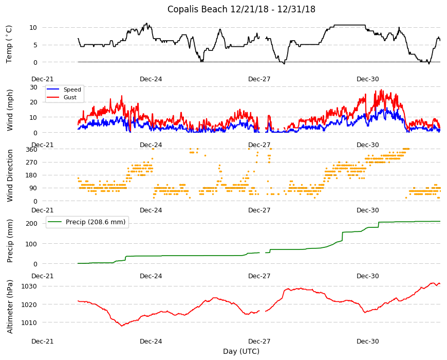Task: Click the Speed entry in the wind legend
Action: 72,89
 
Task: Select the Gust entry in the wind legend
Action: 70,97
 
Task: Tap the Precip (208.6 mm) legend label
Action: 96,222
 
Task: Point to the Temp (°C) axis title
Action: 9,44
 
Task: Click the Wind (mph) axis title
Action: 10,110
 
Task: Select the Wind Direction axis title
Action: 10,176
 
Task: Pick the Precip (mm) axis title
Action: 10,241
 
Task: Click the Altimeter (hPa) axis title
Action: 10,307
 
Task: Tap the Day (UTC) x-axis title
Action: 241,351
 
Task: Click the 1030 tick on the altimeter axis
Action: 29,286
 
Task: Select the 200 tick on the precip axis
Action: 32,223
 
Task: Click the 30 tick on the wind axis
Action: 33,87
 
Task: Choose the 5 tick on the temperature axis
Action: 35,45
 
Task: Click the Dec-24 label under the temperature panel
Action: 151,79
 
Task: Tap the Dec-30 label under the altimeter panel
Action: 368,341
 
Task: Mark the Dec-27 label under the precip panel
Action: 259,276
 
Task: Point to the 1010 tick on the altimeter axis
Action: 29,322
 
